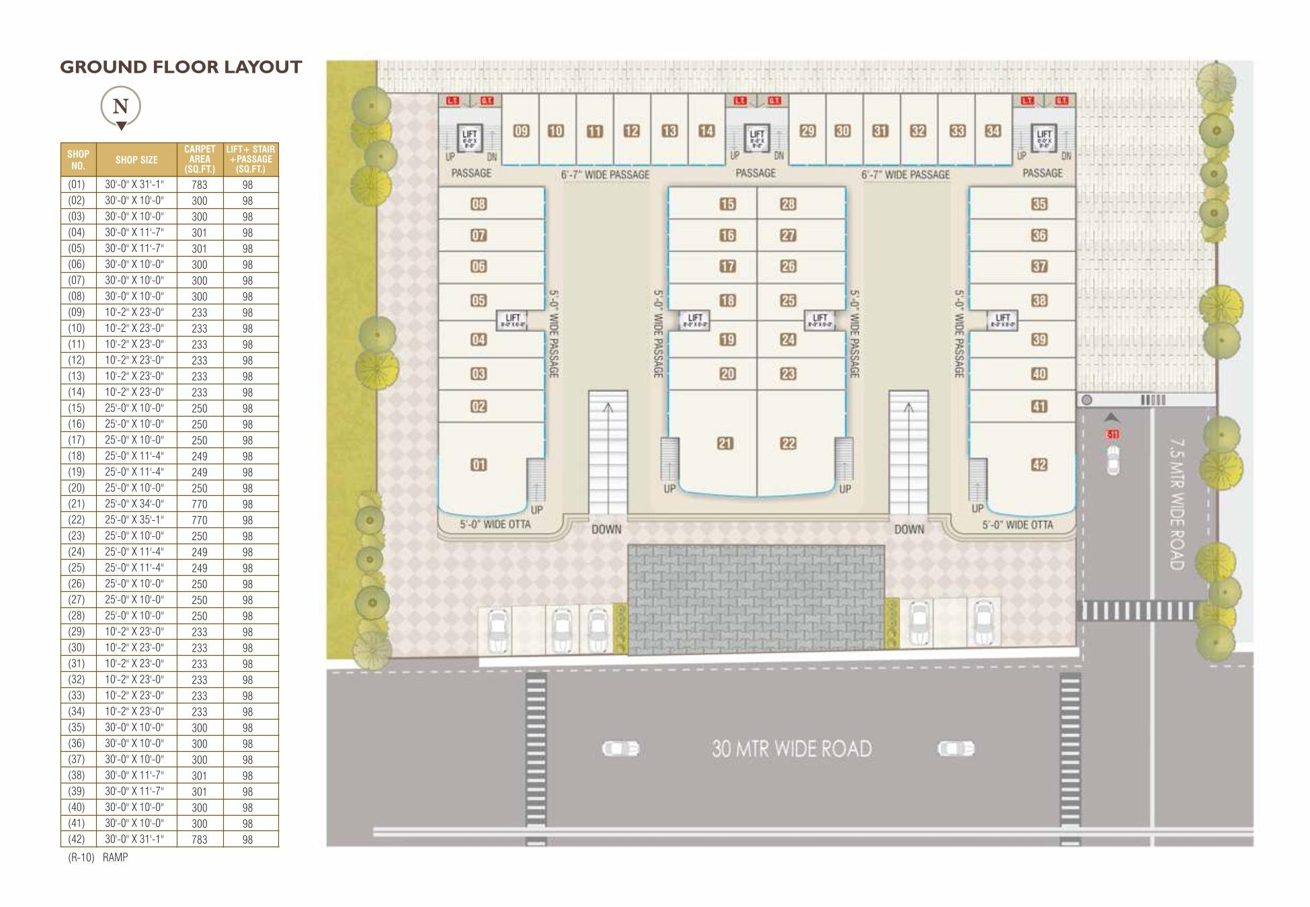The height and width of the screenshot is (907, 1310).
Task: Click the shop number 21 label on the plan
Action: pyautogui.click(x=725, y=443)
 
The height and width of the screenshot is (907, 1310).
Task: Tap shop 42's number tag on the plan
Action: pyautogui.click(x=1039, y=465)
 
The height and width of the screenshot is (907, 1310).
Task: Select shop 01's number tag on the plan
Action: pyautogui.click(x=479, y=465)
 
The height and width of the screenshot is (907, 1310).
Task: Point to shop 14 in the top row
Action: pyautogui.click(x=706, y=131)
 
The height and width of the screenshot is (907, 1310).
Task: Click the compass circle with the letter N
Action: pyautogui.click(x=120, y=106)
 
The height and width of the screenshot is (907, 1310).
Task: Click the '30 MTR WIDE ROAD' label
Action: pyautogui.click(x=792, y=749)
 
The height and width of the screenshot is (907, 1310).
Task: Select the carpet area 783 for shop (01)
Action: pyautogui.click(x=200, y=185)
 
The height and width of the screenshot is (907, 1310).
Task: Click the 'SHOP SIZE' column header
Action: pyautogui.click(x=136, y=160)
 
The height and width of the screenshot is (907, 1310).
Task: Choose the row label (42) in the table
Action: pyautogui.click(x=77, y=839)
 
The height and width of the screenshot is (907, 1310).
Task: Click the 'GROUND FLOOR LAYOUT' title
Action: pyautogui.click(x=181, y=67)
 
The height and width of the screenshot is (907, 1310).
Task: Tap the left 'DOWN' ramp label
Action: pyautogui.click(x=606, y=529)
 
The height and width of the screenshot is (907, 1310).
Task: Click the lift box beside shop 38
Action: pyautogui.click(x=1002, y=320)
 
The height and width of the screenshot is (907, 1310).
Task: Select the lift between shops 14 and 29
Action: pyautogui.click(x=757, y=137)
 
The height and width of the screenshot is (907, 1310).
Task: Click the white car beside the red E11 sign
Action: pyautogui.click(x=1113, y=460)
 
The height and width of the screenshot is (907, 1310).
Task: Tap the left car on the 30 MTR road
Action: pyautogui.click(x=620, y=748)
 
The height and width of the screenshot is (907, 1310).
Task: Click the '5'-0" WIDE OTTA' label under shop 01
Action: pyautogui.click(x=495, y=525)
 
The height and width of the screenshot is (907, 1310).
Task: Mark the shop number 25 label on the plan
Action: pyautogui.click(x=788, y=300)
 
